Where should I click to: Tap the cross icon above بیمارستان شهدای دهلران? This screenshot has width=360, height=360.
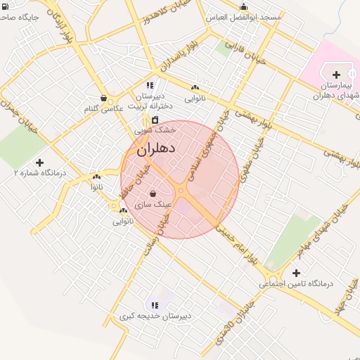[x=336, y=74]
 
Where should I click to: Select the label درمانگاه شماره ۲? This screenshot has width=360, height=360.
[x=40, y=172]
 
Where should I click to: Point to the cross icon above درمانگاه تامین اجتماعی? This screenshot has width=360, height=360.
[x=295, y=273]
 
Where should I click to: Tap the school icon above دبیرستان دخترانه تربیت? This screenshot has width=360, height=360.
[x=148, y=85]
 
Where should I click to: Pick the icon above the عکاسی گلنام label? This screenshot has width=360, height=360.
[x=104, y=98]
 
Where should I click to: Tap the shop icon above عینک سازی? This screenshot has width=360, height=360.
[x=153, y=192]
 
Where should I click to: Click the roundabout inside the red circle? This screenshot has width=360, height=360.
[x=181, y=190]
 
